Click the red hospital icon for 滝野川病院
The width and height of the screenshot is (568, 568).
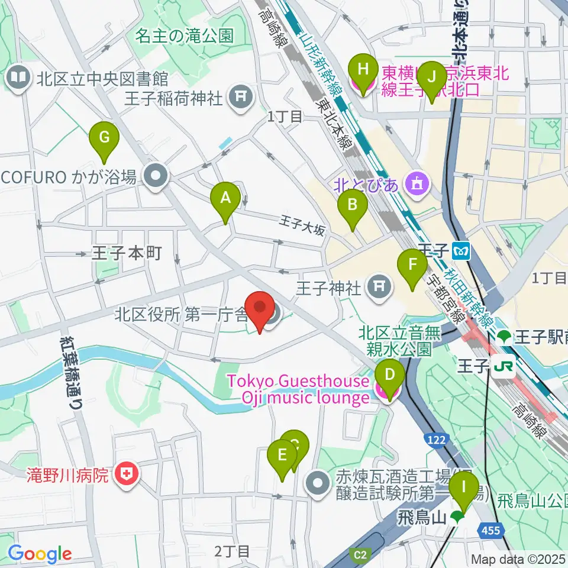click(x=125, y=473)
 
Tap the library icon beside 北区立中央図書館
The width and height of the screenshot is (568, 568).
click(x=19, y=78)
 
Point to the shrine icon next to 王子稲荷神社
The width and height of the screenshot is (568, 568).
click(x=240, y=95)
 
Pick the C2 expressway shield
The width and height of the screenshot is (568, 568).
click(x=359, y=554)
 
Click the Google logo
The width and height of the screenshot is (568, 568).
click(x=40, y=554)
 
